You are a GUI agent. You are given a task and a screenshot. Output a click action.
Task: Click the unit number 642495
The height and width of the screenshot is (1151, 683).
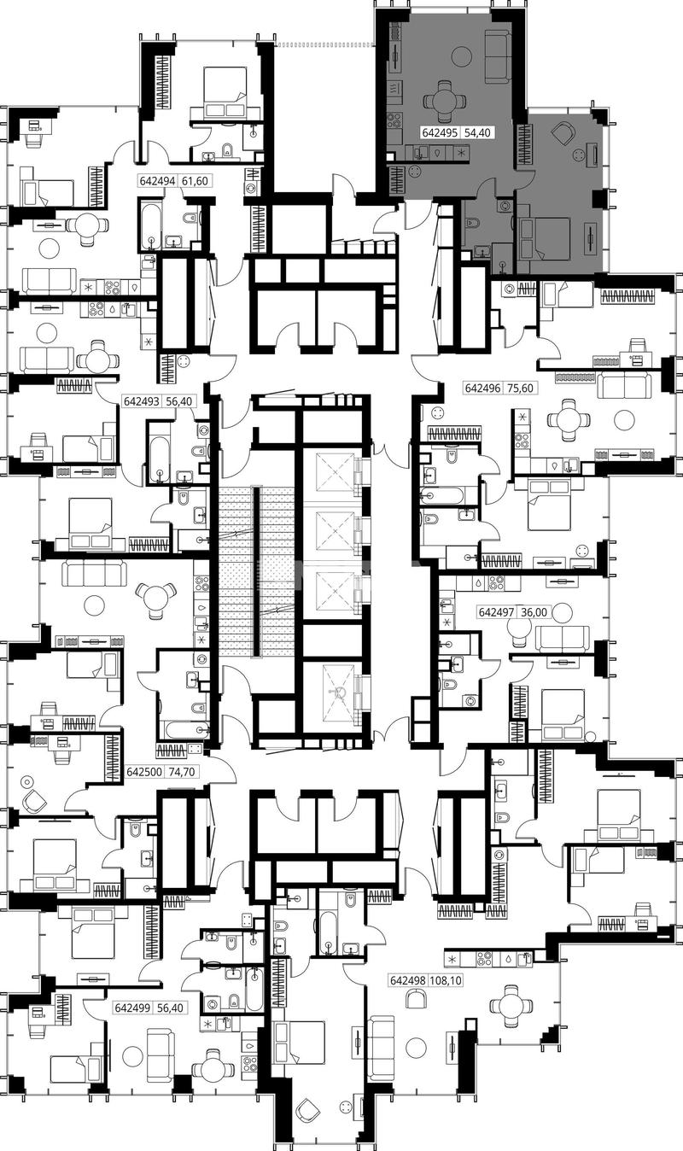point(440,132)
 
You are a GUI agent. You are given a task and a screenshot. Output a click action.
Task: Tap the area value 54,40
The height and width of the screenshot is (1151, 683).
point(477,132)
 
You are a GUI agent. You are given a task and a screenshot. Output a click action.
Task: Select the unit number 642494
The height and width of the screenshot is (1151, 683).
point(157,181)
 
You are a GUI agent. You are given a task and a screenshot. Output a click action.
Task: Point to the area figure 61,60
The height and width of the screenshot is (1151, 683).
point(195,181)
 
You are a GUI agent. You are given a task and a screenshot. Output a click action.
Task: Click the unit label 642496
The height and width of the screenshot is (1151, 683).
point(482,388)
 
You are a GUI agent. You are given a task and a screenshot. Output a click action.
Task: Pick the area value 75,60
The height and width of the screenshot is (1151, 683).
point(520,388)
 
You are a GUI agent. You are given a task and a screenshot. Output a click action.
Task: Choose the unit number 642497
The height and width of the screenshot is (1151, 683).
point(496,612)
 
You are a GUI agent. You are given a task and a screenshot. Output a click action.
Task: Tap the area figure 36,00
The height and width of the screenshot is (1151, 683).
point(534,612)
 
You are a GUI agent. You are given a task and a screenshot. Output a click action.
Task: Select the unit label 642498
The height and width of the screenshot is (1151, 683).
point(408,980)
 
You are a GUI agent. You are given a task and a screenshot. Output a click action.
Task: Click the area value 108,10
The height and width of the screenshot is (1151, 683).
point(447,980)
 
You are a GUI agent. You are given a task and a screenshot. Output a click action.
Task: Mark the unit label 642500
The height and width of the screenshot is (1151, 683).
point(144,772)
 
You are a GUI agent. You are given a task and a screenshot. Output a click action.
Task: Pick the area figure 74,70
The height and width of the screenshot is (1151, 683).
point(182,772)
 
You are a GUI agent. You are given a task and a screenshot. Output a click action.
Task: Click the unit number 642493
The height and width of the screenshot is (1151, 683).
point(142,400)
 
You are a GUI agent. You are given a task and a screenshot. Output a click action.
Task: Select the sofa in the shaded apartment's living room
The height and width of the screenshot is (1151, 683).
point(496,56)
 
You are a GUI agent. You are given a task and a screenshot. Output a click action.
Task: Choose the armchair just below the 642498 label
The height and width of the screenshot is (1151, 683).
point(417,999)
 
